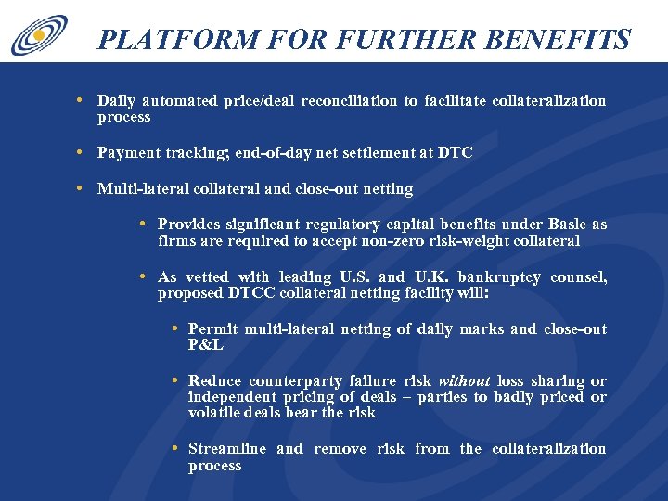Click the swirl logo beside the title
[38, 34]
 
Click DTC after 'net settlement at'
[456, 153]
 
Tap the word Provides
[189, 225]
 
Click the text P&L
[207, 345]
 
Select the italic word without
[464, 381]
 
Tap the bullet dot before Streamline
[174, 448]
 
